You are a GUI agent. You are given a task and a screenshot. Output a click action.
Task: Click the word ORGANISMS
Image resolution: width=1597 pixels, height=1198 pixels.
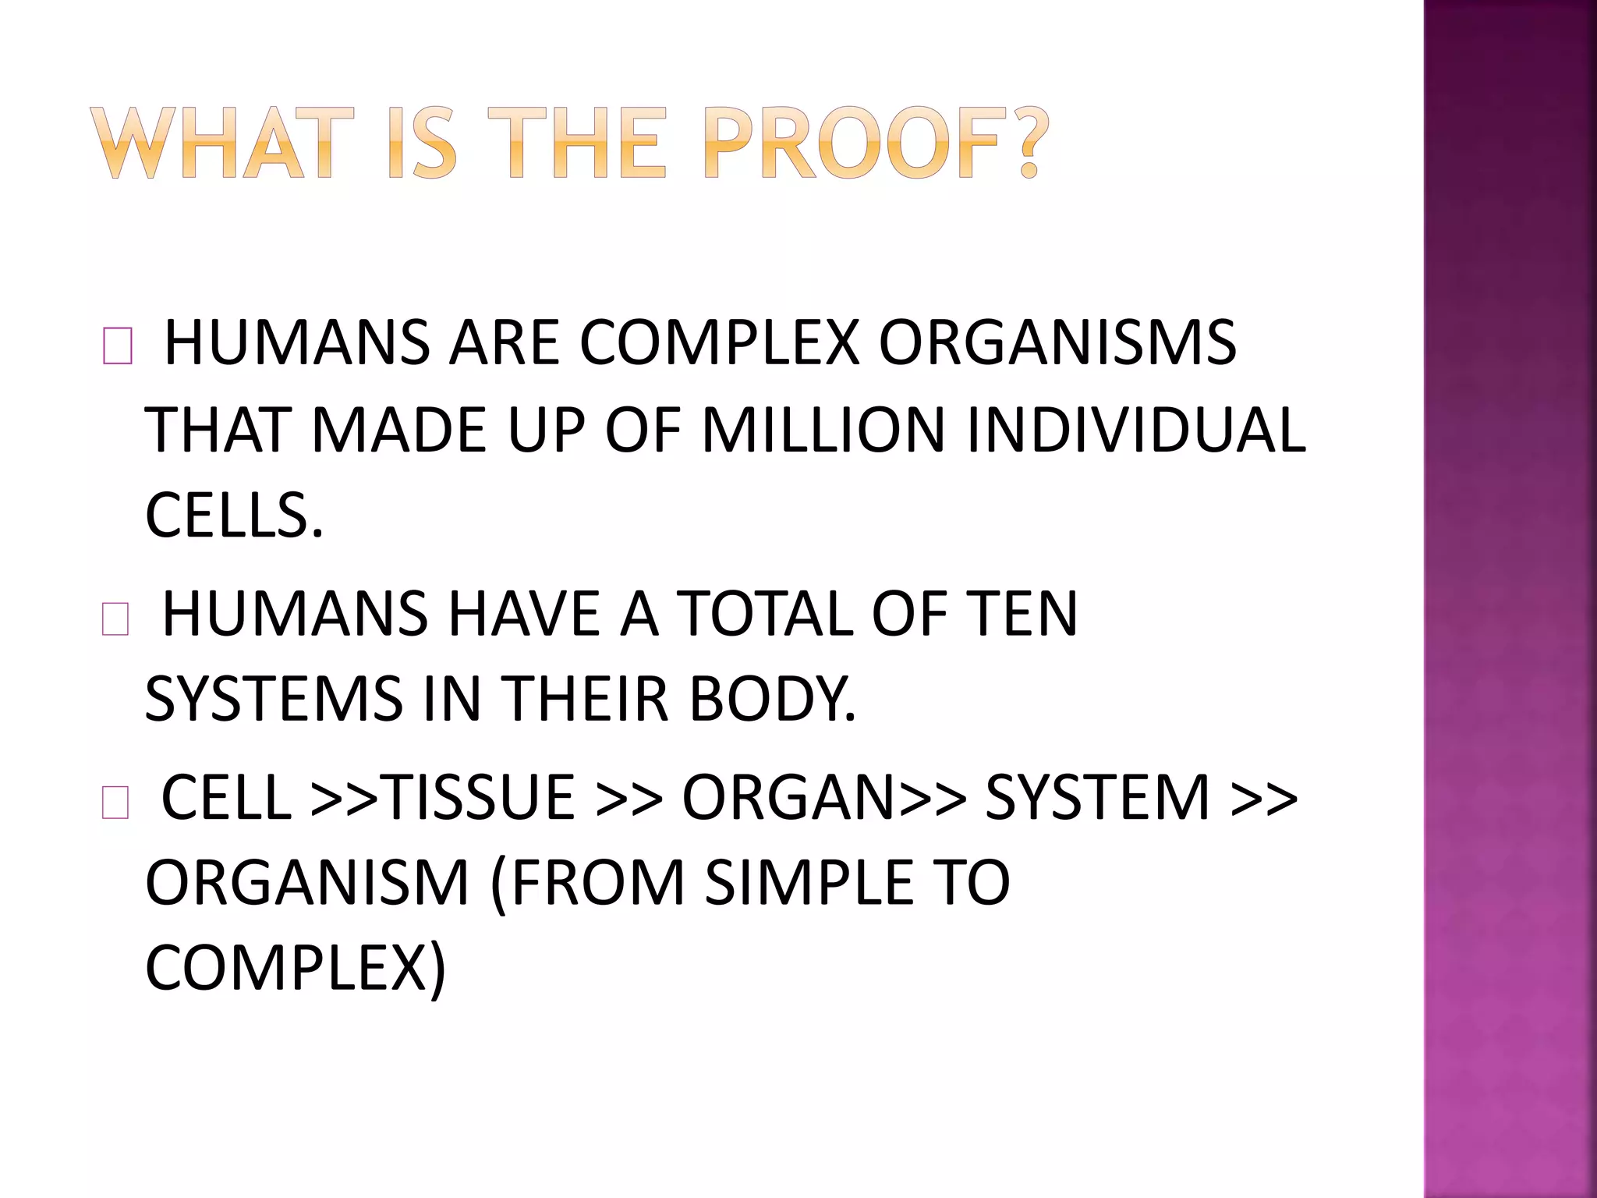point(1057,342)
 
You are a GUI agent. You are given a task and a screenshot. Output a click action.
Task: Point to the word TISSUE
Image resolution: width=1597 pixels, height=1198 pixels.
point(480,797)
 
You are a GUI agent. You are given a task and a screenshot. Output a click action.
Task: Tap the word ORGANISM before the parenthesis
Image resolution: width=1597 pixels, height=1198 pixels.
point(307,883)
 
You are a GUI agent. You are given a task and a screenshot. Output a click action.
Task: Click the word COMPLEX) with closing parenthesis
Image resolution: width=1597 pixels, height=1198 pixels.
point(296,969)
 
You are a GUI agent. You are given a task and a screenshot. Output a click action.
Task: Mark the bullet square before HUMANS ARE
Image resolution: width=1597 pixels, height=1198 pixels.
point(117,347)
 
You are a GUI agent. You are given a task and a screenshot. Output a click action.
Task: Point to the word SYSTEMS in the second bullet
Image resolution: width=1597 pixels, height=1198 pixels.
point(274,699)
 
